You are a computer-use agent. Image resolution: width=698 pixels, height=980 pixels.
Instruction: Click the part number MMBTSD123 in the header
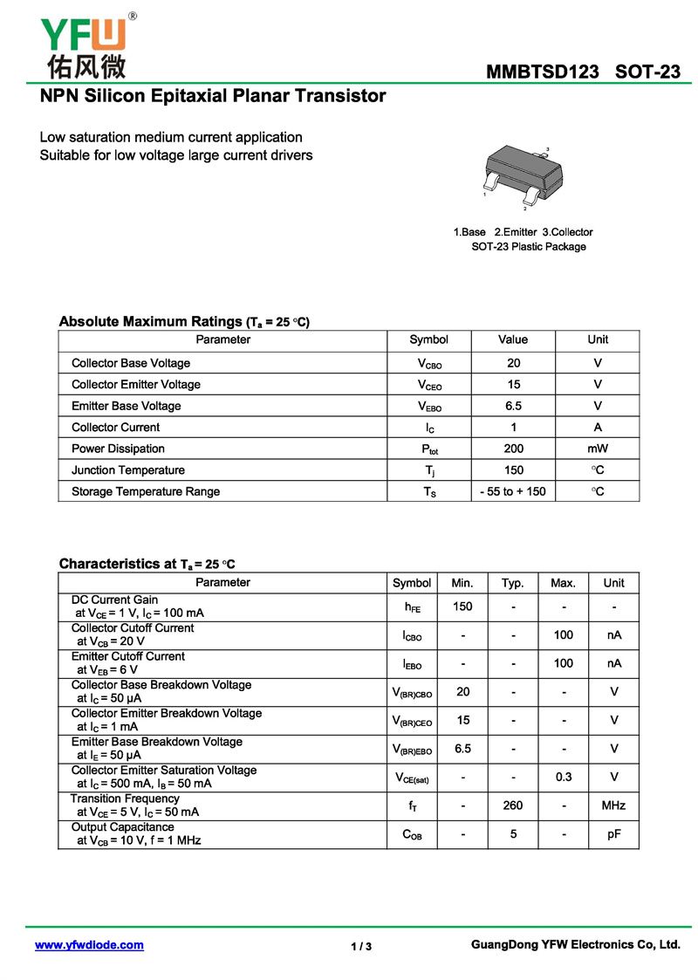click(x=544, y=72)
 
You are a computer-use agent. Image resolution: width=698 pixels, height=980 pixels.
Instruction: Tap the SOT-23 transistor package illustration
click(x=522, y=175)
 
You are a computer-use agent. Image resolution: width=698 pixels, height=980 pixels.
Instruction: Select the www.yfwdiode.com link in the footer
click(x=89, y=945)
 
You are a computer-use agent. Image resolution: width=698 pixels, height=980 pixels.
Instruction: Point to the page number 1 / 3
click(x=361, y=947)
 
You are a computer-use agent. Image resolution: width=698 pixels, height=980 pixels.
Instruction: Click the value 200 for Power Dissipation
click(x=513, y=449)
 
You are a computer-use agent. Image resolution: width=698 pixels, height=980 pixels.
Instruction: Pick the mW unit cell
click(x=598, y=449)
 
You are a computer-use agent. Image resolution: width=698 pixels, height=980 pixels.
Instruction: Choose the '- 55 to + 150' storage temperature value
click(x=513, y=491)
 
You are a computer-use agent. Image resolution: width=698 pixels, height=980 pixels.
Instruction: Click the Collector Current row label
click(x=115, y=428)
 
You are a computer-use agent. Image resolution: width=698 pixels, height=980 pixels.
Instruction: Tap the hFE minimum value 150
click(x=462, y=607)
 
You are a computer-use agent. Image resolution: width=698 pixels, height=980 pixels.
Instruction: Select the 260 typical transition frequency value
click(x=513, y=805)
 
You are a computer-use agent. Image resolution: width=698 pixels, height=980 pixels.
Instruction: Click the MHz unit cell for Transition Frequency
click(x=613, y=805)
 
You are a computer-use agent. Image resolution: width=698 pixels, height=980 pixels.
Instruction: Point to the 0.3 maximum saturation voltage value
click(x=564, y=777)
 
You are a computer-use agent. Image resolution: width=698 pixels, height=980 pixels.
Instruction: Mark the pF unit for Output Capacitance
click(x=613, y=834)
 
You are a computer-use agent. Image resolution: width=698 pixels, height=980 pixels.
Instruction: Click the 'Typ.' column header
click(x=513, y=583)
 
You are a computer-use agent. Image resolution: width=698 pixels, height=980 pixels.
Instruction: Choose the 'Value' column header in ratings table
click(x=513, y=339)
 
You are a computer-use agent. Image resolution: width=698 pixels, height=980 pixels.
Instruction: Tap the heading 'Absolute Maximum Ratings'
click(x=150, y=322)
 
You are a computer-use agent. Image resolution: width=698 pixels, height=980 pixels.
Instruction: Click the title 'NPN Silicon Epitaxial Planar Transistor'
click(x=213, y=96)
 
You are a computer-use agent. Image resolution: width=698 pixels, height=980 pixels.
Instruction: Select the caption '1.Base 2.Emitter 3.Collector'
click(x=523, y=232)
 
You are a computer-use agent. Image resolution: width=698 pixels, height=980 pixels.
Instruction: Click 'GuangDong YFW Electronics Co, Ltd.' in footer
click(x=575, y=944)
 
